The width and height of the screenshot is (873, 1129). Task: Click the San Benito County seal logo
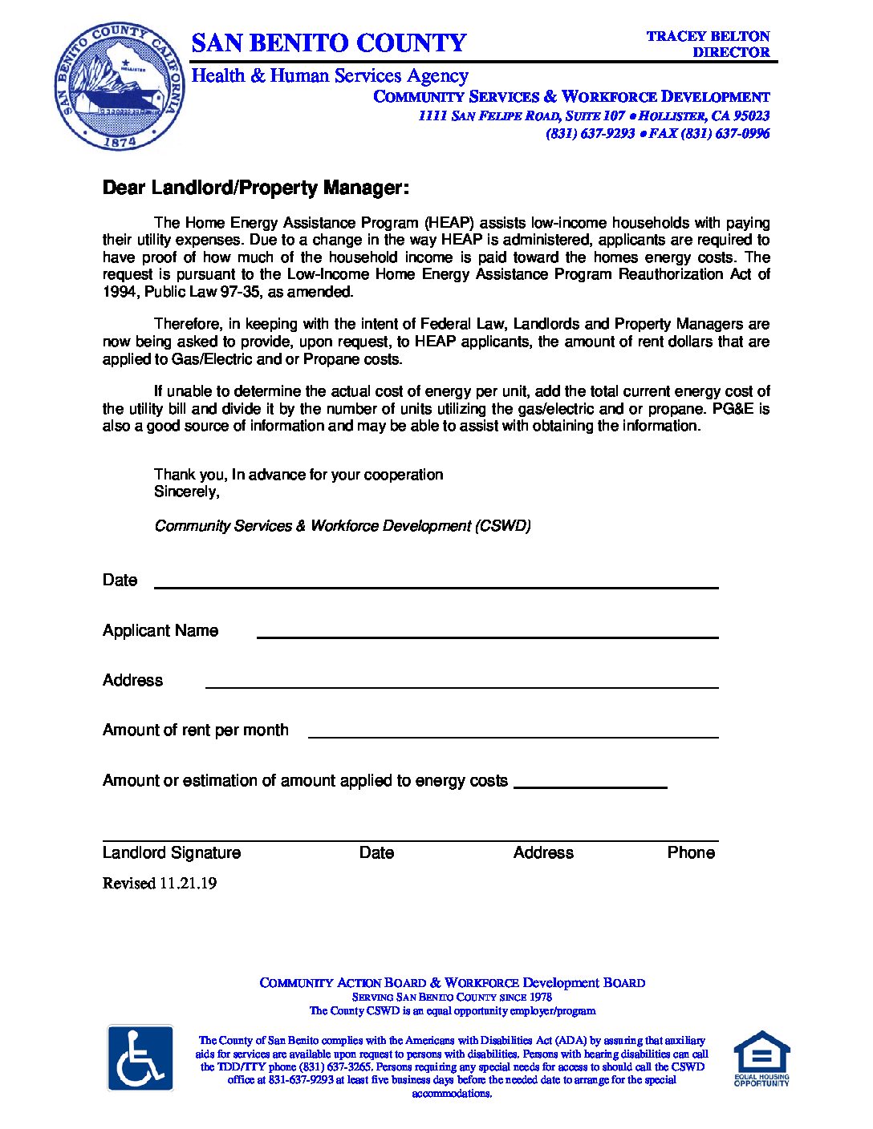pos(120,87)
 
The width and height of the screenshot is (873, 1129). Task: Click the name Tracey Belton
pos(708,36)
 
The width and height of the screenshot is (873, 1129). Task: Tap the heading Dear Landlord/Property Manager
pos(255,188)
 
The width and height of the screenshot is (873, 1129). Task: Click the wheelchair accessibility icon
pos(140,1058)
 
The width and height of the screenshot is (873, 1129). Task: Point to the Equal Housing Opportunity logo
pos(761,1058)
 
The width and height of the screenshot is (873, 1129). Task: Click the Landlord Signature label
pos(172,853)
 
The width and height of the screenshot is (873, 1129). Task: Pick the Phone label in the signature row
pos(691,853)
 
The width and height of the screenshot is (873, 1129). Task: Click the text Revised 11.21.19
pos(160,884)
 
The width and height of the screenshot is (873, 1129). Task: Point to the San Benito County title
pos(328,42)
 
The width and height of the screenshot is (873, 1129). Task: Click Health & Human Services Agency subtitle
pos(329,76)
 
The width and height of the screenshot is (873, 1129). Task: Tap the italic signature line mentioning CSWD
pos(343,526)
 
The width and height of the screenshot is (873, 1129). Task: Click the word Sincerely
pos(186,492)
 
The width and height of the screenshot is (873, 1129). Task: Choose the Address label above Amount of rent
pos(132,681)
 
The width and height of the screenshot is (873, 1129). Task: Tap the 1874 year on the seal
pos(120,141)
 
